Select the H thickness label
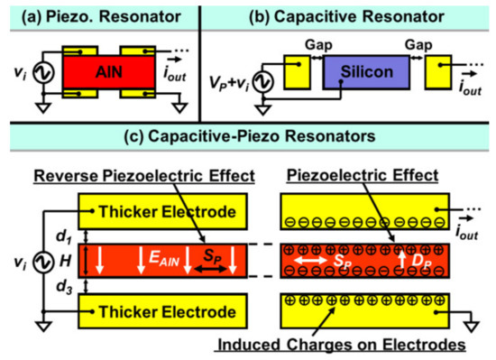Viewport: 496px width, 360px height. (x=60, y=262)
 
